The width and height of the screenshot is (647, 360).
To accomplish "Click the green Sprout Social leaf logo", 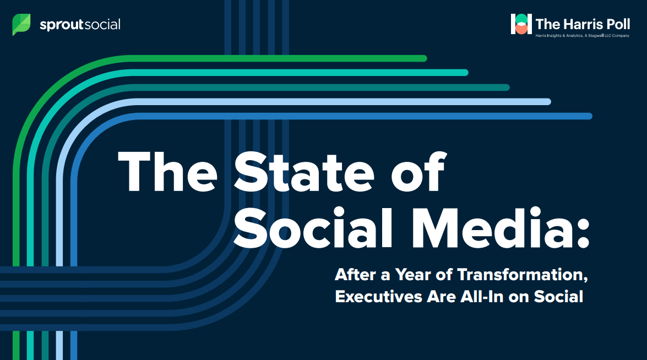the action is tap(21, 24).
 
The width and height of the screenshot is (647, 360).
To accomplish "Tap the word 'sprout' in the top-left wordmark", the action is tap(62, 25).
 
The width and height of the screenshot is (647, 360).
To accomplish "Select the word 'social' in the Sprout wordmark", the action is tap(103, 24).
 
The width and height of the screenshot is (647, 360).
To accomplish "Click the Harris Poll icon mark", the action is tap(521, 24).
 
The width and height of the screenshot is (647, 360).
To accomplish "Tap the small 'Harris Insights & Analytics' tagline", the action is tap(582, 36).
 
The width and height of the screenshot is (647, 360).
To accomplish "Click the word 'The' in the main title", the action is tap(167, 172).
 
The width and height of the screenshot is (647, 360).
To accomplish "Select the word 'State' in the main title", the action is tap(304, 172).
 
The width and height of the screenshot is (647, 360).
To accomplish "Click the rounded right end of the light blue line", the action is tap(547, 102).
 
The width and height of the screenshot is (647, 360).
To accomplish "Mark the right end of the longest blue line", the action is tap(589, 116).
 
